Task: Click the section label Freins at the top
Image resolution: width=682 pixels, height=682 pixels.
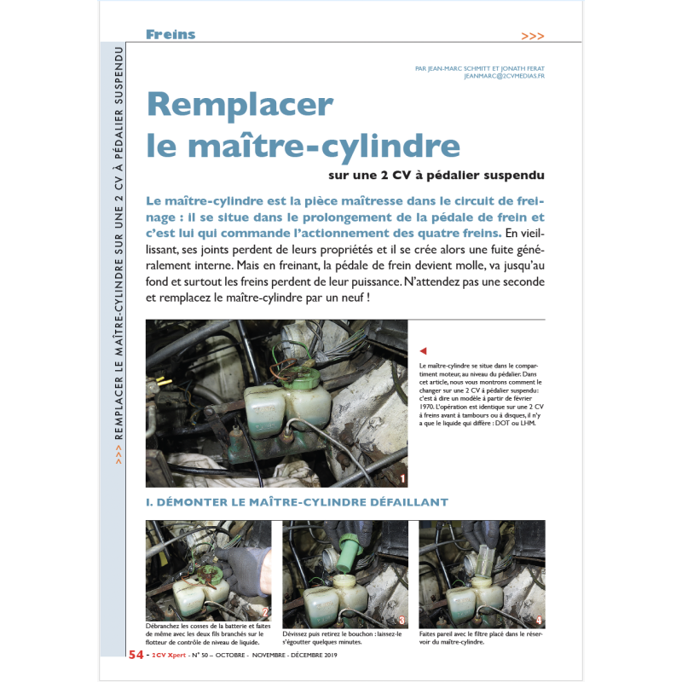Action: pos(170,35)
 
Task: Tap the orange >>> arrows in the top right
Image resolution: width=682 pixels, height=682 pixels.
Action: pos(532,36)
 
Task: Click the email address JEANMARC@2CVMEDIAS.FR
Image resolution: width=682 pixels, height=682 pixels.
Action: pos(504,76)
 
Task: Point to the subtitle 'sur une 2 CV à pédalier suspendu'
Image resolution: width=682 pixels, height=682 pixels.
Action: pos(436,176)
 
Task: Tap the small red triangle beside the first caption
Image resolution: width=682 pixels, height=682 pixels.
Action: pos(423,350)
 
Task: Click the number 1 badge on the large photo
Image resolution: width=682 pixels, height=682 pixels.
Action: pos(402,480)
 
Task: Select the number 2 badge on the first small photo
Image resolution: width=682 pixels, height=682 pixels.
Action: pos(264,611)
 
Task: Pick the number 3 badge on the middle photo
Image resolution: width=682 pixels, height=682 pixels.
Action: pos(402,620)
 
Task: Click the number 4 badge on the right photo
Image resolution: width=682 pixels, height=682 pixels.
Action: pos(538,620)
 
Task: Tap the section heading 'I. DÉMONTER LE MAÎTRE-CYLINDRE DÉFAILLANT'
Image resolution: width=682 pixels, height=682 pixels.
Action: pos(297,502)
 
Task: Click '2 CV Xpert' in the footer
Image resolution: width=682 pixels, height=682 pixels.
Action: pos(169,656)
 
